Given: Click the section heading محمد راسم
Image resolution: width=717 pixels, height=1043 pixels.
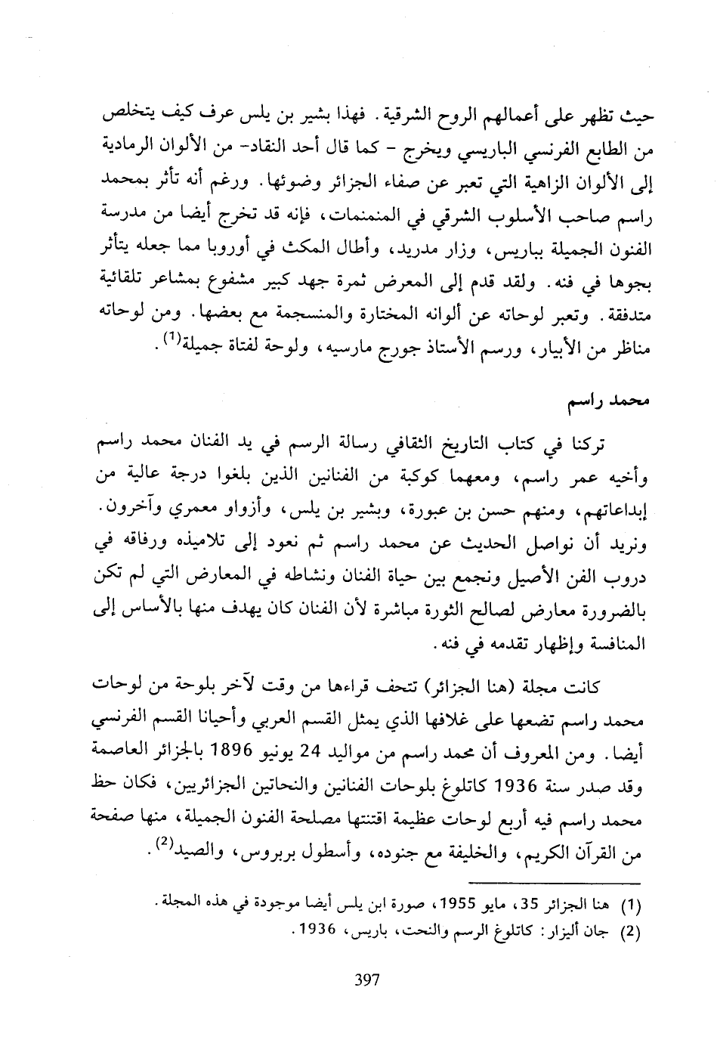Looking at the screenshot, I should [614, 400].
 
